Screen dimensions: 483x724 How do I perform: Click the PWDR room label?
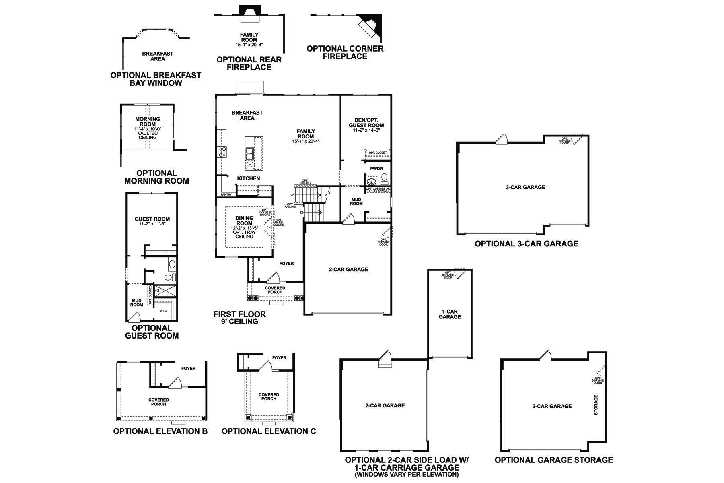[376, 169]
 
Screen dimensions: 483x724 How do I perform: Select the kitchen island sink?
[250, 153]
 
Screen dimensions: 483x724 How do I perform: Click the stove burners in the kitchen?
[222, 152]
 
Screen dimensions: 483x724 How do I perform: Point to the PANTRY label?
[226, 195]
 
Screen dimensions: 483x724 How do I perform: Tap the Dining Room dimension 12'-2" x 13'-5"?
[244, 228]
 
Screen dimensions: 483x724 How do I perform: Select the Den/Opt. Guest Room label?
[366, 122]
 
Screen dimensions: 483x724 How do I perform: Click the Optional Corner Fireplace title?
[345, 52]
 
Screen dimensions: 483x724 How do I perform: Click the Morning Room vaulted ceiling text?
[148, 135]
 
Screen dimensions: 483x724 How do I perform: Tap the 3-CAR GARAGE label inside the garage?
[525, 187]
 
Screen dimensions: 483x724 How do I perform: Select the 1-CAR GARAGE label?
[450, 314]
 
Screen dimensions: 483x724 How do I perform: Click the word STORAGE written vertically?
[596, 405]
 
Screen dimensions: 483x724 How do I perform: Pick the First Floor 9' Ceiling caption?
[240, 318]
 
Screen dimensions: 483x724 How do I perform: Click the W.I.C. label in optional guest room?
[163, 311]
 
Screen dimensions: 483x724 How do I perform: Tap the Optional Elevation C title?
[269, 431]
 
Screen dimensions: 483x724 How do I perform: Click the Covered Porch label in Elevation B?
[159, 402]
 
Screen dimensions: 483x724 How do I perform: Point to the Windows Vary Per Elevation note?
[407, 475]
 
